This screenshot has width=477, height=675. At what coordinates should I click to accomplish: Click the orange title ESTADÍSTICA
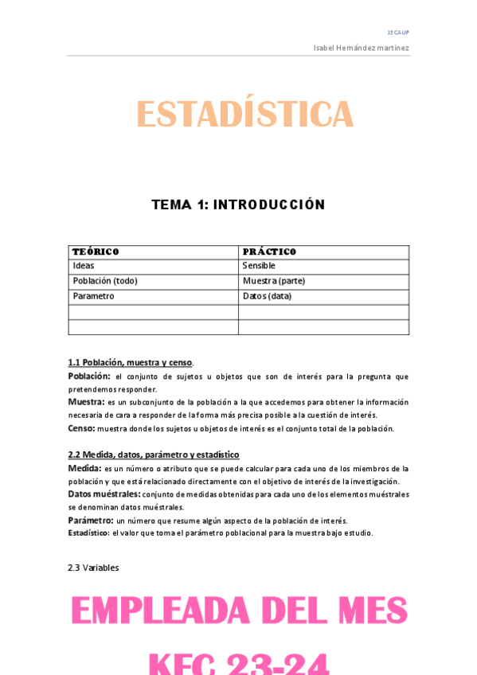click(x=244, y=115)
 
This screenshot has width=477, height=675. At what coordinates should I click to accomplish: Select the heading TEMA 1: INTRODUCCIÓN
click(x=238, y=205)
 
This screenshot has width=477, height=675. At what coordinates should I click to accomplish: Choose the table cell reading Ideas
click(x=84, y=266)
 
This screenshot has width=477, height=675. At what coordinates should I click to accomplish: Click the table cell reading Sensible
click(x=259, y=266)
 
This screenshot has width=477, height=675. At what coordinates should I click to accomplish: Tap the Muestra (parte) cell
click(x=274, y=281)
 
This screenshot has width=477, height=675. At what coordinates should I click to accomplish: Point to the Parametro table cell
click(x=93, y=296)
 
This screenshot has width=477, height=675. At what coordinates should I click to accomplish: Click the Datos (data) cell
click(x=267, y=296)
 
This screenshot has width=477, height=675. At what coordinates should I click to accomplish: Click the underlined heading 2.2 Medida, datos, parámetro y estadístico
click(x=154, y=455)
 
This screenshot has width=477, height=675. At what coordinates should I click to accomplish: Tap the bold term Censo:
click(x=81, y=428)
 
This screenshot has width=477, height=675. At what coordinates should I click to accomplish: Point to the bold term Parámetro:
click(x=90, y=521)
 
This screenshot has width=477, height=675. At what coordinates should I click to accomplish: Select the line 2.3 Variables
click(x=94, y=568)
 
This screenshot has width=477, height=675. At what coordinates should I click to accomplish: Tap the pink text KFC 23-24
click(x=239, y=662)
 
